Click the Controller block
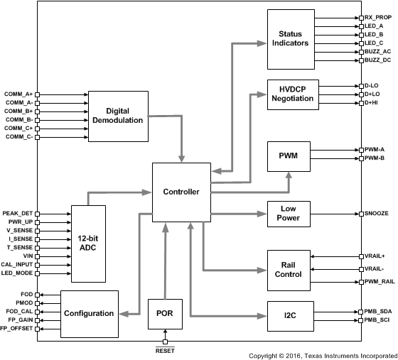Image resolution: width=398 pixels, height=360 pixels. pos(181,192)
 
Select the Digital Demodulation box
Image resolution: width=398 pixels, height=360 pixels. pos(118,116)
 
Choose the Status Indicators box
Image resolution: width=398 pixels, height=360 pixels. pos(294,38)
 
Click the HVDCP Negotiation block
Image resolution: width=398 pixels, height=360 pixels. pos(294,94)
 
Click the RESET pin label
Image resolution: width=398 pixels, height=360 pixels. pos(165,350)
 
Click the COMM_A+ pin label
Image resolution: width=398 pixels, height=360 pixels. pos(18,94)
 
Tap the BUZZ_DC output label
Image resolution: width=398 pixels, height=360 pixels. pos(377,60)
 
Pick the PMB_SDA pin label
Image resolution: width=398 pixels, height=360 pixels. pos(377,311)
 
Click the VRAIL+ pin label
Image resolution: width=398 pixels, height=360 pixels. pos(376,256)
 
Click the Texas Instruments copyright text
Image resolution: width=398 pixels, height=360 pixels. pos(322,354)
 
